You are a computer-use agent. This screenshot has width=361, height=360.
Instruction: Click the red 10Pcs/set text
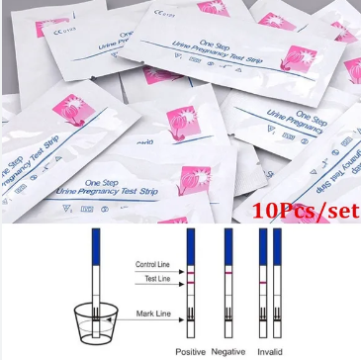click(306, 210)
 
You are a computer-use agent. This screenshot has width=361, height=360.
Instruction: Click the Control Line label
click(153, 266)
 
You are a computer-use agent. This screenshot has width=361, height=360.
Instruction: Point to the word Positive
click(191, 352)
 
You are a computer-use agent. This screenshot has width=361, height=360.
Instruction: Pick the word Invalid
click(270, 352)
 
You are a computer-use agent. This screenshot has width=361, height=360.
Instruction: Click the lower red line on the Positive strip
click(191, 281)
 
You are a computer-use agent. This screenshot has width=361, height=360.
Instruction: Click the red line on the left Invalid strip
click(263, 282)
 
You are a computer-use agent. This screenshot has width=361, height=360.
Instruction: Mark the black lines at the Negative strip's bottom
click(227, 313)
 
